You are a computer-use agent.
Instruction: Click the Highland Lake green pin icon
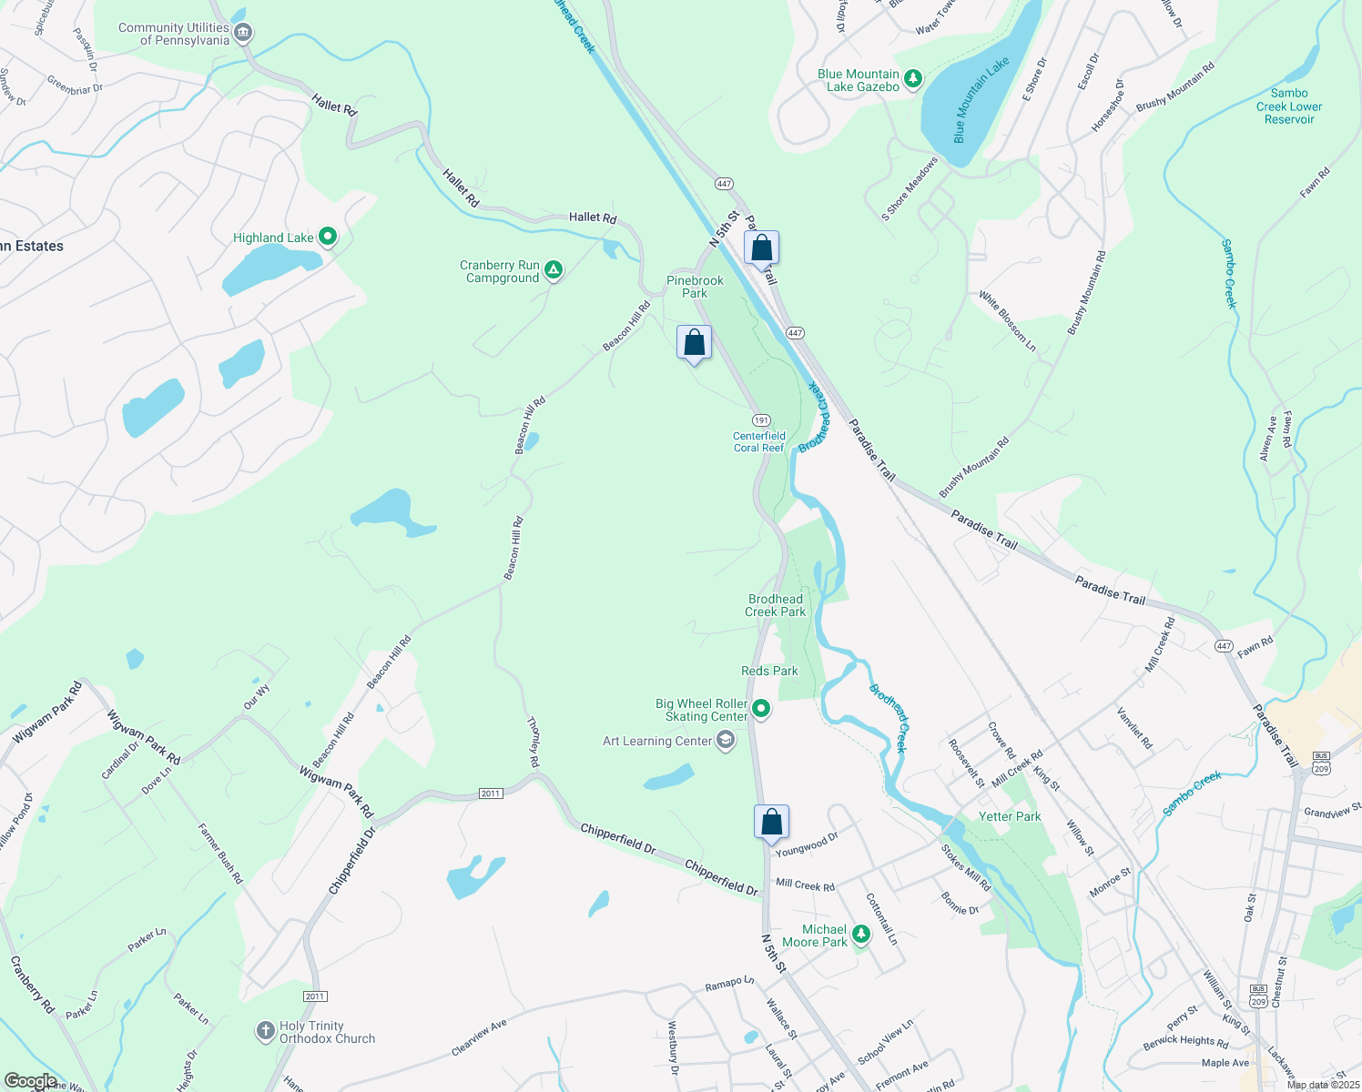328,238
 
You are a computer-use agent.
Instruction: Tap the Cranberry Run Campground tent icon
553,270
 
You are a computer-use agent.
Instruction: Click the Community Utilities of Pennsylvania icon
242,34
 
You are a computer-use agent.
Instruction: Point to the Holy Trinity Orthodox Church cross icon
265,1031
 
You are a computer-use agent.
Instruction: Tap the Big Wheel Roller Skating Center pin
761,709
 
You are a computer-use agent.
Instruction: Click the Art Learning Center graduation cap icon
726,741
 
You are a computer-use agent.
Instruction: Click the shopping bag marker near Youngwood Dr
771,822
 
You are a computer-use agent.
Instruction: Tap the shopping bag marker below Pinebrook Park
694,343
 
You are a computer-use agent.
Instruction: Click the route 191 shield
761,420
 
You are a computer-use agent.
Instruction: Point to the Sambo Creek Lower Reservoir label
1289,106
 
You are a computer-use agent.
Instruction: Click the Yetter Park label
1009,816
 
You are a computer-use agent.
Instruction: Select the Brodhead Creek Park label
776,605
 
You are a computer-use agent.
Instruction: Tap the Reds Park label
769,671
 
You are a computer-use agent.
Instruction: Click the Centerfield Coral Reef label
759,441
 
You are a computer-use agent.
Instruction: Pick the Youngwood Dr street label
807,844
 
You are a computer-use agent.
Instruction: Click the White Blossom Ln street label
1007,320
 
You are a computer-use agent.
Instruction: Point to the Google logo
30,1081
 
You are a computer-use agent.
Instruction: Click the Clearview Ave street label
479,1038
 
